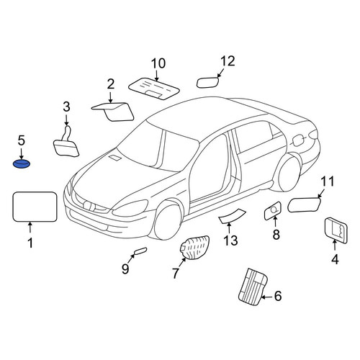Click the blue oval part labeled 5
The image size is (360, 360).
point(22,164)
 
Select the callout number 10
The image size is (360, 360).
point(158,63)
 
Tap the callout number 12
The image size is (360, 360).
point(228,61)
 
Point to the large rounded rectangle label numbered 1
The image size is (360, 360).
point(35,207)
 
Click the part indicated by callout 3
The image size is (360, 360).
point(66,144)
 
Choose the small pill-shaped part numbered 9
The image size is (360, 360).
point(140,251)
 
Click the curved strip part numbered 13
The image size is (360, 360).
point(232,216)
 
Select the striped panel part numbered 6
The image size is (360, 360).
point(253,287)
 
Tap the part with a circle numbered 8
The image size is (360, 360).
point(272,211)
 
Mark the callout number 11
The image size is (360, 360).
point(328,181)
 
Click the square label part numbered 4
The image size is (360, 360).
point(336,230)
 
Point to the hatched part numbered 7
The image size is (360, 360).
point(194,248)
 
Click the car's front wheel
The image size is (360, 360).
point(168,221)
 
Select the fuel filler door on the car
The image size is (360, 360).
point(297,140)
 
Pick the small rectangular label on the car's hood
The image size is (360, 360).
point(115,158)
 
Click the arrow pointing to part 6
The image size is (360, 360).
point(266,297)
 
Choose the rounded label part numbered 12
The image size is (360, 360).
point(207,82)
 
